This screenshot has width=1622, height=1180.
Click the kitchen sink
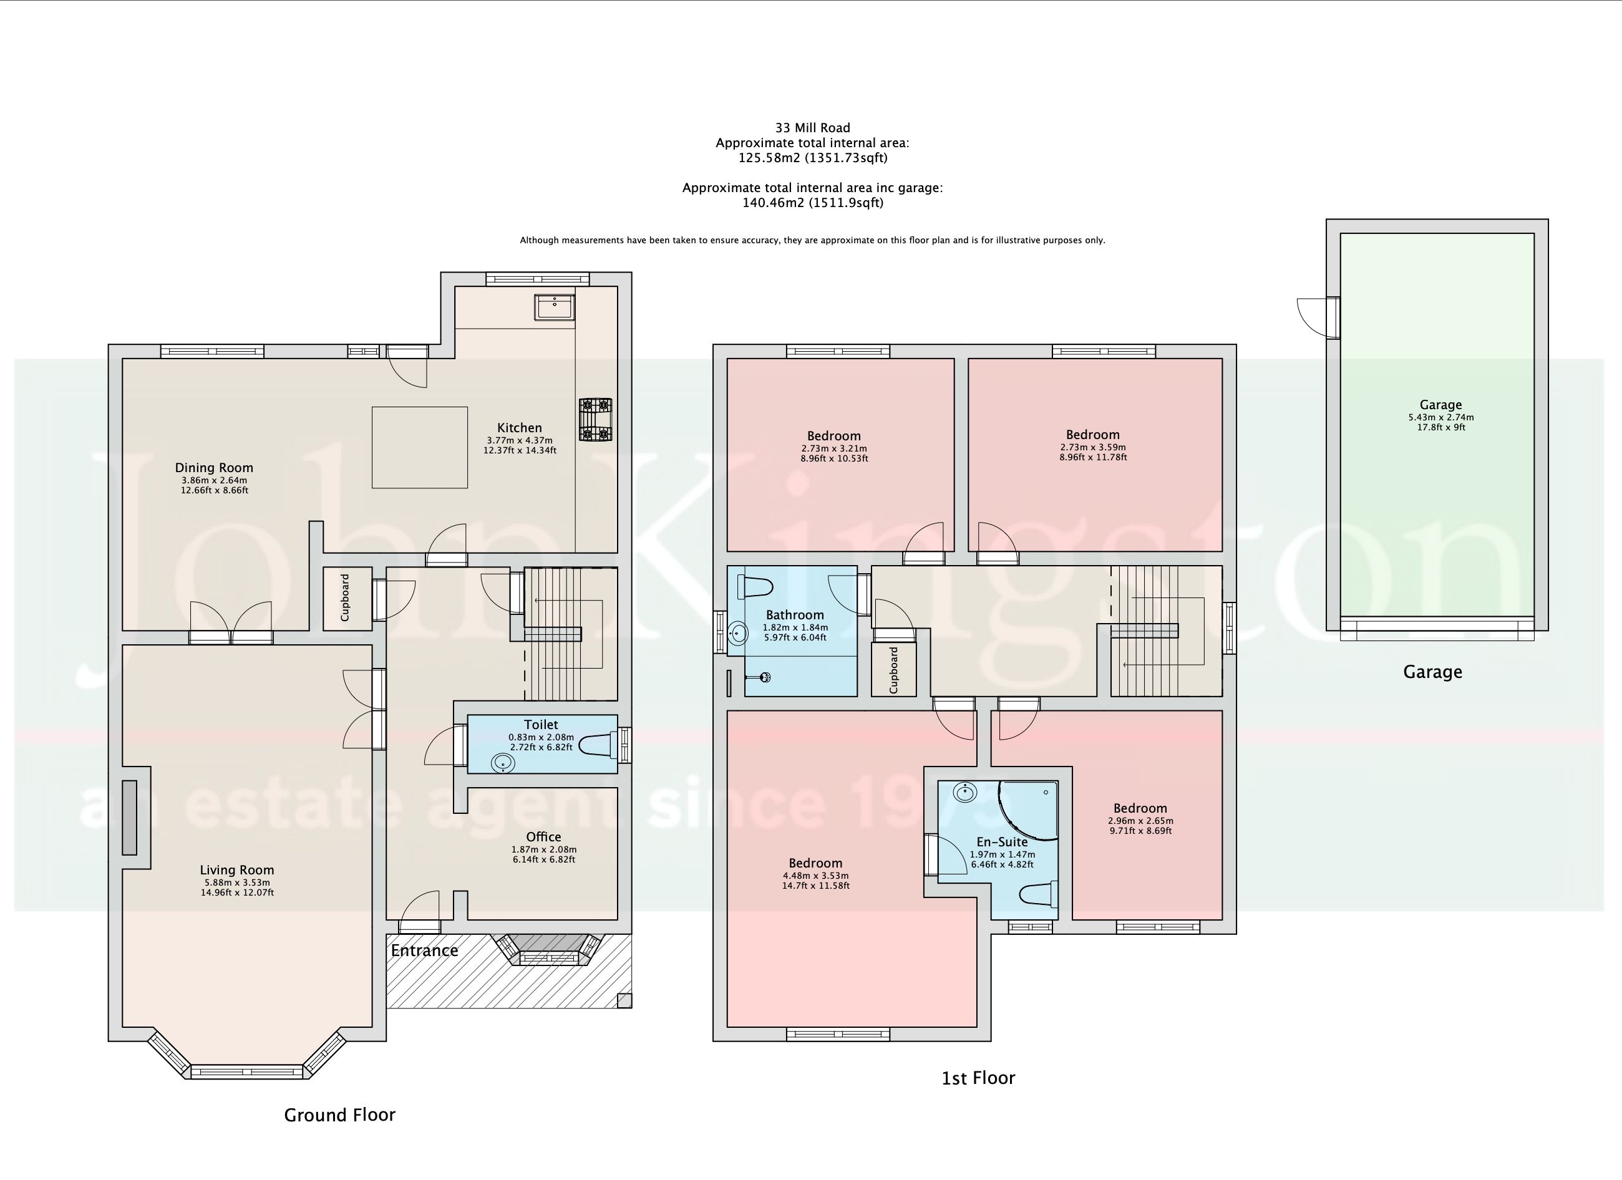coord(553,307)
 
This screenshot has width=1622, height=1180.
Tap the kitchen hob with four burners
coord(595,419)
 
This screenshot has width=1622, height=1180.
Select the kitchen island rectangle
coord(420,448)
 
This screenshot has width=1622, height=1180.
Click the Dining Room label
coord(214,468)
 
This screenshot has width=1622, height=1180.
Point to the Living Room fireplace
coord(129,818)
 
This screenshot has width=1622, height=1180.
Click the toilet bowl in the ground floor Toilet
coord(598,745)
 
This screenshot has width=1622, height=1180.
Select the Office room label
coord(543,837)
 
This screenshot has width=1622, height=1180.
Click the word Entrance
coord(424,950)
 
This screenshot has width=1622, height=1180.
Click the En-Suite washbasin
coord(966,793)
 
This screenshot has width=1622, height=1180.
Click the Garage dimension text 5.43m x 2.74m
coord(1441,418)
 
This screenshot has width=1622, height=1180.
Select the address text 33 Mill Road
coord(812,128)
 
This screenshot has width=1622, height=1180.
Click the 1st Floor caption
coord(978,1078)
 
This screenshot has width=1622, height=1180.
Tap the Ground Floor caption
coord(340,1115)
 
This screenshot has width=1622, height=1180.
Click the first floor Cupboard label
coord(894,670)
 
